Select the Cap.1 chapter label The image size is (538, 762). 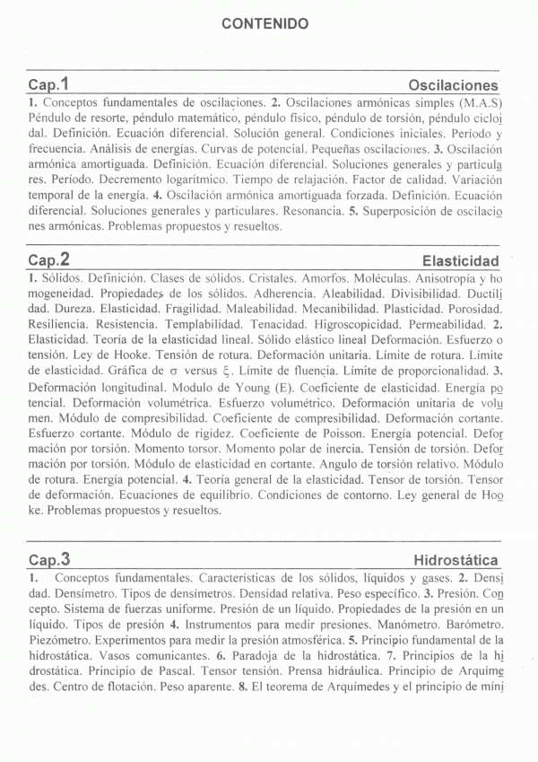point(48,84)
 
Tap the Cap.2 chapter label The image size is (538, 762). point(48,260)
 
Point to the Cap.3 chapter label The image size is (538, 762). point(48,560)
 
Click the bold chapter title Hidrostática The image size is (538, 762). point(456,561)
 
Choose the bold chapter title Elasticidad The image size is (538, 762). point(460,261)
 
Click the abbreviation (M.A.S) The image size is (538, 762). point(480,101)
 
